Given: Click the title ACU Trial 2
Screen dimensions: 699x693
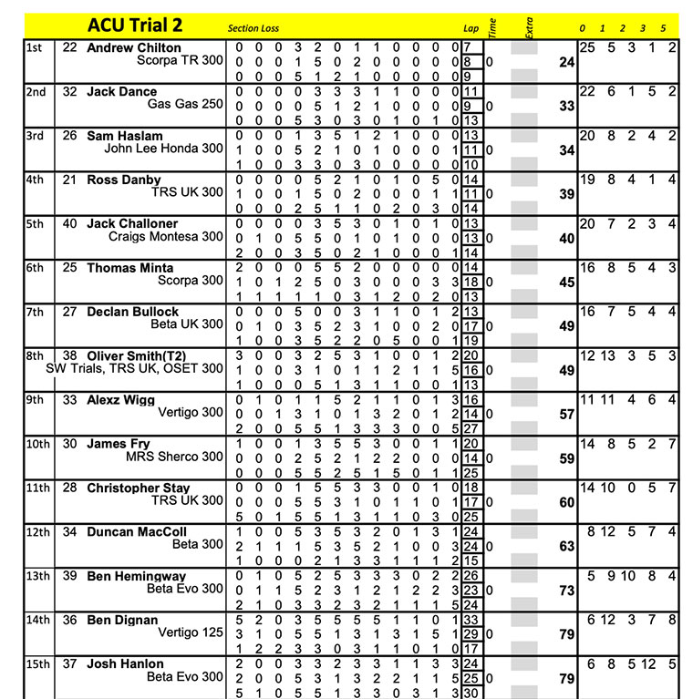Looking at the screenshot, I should point(135,26).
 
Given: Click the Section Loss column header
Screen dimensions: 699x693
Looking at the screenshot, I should point(253,28).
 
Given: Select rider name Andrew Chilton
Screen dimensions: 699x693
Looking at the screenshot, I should point(134,47).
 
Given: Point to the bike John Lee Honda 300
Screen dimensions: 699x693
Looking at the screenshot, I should point(163,149).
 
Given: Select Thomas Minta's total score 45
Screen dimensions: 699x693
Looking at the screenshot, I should point(566,283).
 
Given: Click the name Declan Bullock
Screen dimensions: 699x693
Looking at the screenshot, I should point(133,312).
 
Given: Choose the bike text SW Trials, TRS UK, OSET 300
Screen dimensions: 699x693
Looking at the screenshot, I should point(134,369).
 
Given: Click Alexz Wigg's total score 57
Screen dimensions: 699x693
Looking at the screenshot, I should point(566,415).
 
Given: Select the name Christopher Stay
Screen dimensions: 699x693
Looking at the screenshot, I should point(139,488).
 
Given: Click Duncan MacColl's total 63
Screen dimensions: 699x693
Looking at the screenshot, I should point(566,547).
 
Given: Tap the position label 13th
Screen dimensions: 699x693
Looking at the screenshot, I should point(38,577).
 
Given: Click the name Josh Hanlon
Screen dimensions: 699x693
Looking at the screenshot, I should point(125,664).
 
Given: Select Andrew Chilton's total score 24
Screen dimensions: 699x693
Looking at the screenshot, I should point(566,63).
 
